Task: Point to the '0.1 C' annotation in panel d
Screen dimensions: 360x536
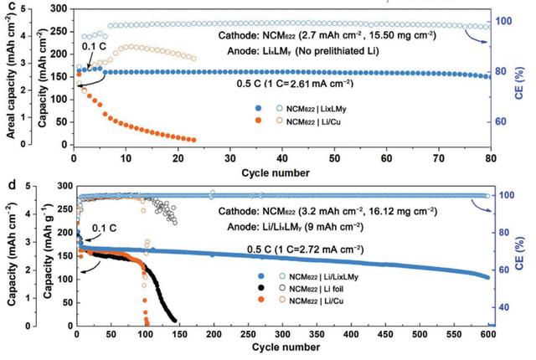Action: (104, 227)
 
